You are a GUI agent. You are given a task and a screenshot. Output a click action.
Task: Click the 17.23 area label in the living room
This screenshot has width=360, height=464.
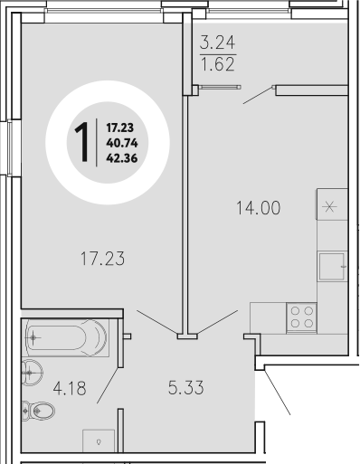pyautogui.click(x=99, y=259)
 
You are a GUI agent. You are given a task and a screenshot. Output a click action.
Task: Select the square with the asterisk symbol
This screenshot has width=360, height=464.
pyautogui.click(x=330, y=205)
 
